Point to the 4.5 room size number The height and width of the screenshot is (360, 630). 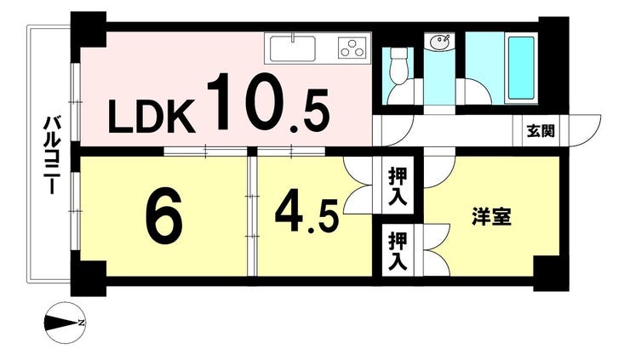tap(306, 218)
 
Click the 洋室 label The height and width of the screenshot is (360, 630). tap(491, 217)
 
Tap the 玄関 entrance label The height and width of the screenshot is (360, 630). tap(541, 131)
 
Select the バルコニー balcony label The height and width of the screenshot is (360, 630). tap(52, 155)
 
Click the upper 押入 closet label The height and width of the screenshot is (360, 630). tap(398, 186)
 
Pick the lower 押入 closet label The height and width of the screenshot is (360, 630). tap(398, 252)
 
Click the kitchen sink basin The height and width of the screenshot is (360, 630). tap(292, 49)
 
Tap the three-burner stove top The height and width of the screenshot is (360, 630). tap(352, 48)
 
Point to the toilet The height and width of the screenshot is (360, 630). tap(399, 65)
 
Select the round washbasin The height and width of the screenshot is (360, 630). tap(439, 41)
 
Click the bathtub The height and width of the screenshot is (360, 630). tap(521, 68)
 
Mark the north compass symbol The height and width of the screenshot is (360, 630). tap(65, 323)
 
